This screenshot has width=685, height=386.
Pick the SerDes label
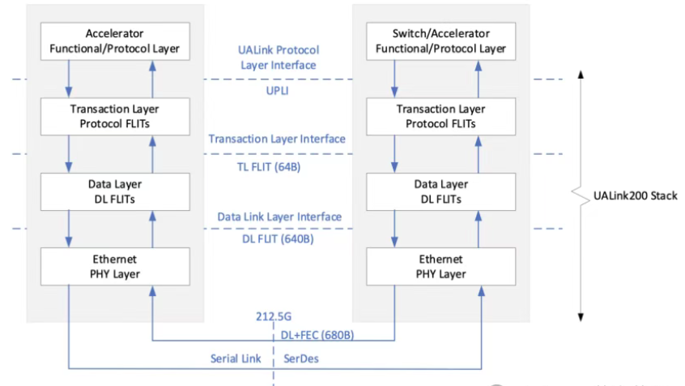301,358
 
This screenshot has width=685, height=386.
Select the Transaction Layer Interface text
277,139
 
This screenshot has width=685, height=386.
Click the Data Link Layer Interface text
279,217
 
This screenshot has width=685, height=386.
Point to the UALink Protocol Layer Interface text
278,57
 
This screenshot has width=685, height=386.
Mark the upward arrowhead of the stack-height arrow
581,75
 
